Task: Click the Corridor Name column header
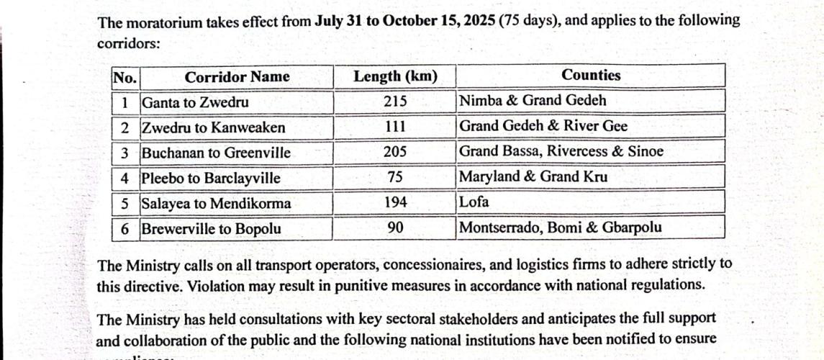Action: tap(237, 77)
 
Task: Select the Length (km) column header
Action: tap(394, 76)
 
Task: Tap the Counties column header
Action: tap(591, 75)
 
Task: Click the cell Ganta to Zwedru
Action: tap(196, 102)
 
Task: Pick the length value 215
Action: tap(394, 102)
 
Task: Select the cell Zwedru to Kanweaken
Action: tap(213, 128)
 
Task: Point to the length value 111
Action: tap(394, 127)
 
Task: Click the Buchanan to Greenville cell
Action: tap(216, 153)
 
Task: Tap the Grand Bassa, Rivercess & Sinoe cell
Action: tap(561, 152)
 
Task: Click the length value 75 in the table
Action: tap(394, 177)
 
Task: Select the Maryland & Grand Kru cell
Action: tap(533, 177)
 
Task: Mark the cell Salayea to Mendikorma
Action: tap(216, 204)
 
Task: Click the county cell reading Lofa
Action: tap(474, 202)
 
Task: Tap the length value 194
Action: tap(394, 203)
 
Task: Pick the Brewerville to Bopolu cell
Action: tap(211, 230)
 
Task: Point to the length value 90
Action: tap(394, 228)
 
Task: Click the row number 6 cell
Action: tap(125, 230)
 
